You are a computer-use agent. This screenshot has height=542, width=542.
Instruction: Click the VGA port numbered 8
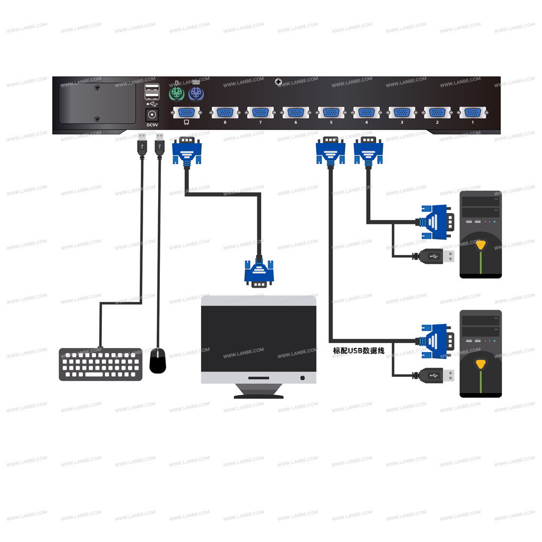(224, 113)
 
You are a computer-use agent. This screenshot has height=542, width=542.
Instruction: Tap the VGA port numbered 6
(295, 113)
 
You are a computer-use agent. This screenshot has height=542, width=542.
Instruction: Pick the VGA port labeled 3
(402, 113)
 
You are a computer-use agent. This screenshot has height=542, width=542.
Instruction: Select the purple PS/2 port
(195, 94)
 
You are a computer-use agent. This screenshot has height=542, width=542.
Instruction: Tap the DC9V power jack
(152, 115)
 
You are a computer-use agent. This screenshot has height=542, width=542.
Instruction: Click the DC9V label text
(152, 125)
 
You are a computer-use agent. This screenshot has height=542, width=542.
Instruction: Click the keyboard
(100, 364)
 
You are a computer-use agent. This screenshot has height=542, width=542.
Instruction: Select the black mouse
(158, 361)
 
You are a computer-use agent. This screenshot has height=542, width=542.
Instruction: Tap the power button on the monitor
(302, 378)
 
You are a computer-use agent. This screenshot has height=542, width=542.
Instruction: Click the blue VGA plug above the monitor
(259, 272)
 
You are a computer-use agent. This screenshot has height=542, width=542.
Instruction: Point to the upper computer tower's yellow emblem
(481, 244)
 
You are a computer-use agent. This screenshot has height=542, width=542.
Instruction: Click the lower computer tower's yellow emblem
(481, 363)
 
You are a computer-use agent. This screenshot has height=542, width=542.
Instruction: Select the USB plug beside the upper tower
(437, 256)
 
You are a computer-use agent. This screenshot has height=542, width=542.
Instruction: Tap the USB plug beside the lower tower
(437, 375)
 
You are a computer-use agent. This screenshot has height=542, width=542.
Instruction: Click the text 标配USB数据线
(359, 351)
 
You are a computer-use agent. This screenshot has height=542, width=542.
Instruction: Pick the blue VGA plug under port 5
(330, 151)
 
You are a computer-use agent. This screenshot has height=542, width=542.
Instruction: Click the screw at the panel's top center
(279, 82)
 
